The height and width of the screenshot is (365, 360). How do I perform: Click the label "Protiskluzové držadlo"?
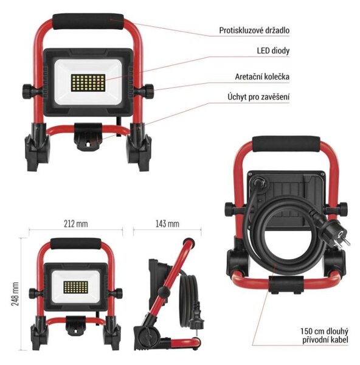254,30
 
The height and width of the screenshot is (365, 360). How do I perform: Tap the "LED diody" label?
273,50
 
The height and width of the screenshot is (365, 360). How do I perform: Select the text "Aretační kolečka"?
262,77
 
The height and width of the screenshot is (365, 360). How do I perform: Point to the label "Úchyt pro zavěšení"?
258,97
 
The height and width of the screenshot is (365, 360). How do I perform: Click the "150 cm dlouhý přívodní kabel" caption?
324,335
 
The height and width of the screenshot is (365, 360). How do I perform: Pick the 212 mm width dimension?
76,224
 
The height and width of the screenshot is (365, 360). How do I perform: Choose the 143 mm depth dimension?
167,224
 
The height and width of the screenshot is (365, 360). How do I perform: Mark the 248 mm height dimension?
15,294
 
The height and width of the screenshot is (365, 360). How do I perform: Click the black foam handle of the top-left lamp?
88,21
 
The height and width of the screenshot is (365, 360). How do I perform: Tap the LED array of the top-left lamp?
88,83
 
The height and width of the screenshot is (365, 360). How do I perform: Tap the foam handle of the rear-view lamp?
286,144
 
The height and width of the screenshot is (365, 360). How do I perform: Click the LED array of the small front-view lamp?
75,288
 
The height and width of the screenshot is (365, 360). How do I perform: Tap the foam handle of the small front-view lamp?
76,244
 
